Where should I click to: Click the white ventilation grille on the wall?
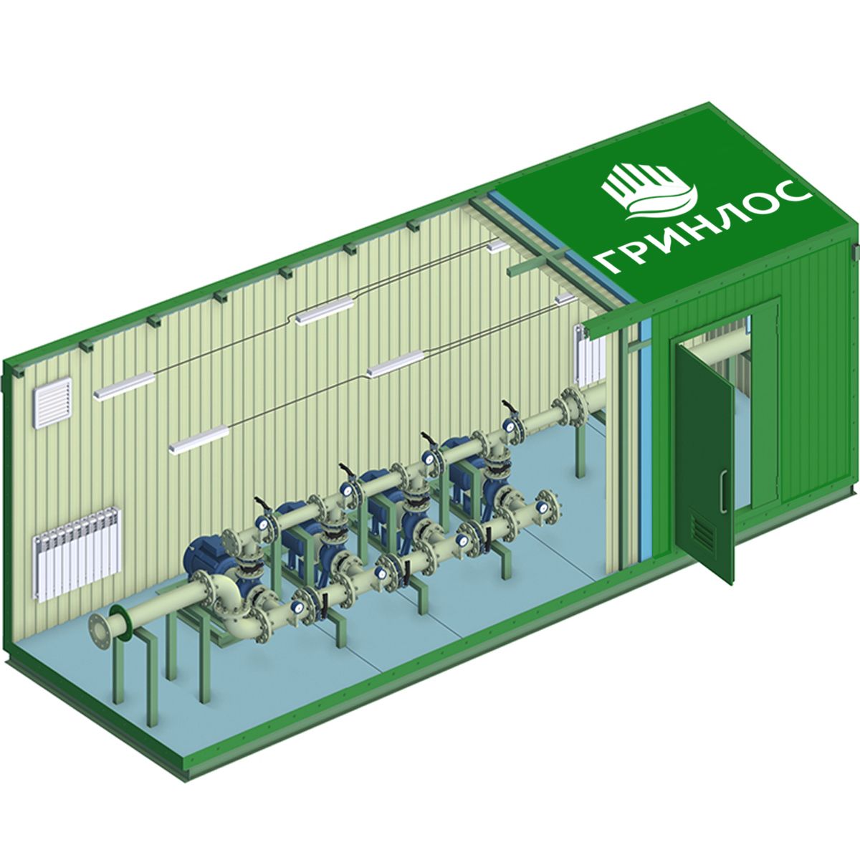(x=52, y=403)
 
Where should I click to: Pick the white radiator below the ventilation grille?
(x=77, y=553)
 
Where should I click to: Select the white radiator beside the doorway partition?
(x=589, y=357)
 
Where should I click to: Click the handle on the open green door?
(x=723, y=492)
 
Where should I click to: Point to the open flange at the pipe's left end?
(x=102, y=634)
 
